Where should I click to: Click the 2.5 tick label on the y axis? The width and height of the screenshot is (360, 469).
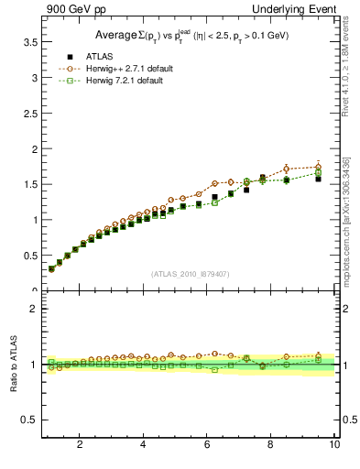[x=31, y=148]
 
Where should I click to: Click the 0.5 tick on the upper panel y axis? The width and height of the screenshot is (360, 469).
[x=31, y=256]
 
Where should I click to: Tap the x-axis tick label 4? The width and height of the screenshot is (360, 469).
[x=143, y=445]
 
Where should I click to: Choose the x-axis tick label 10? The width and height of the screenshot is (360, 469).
[x=334, y=445]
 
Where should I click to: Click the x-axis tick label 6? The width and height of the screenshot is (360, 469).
[x=207, y=445]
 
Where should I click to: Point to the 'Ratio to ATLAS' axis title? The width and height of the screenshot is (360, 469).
[x=13, y=365]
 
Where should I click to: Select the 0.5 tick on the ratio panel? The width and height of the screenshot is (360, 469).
[x=31, y=420]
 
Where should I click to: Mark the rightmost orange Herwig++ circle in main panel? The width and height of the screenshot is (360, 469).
[x=318, y=167]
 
